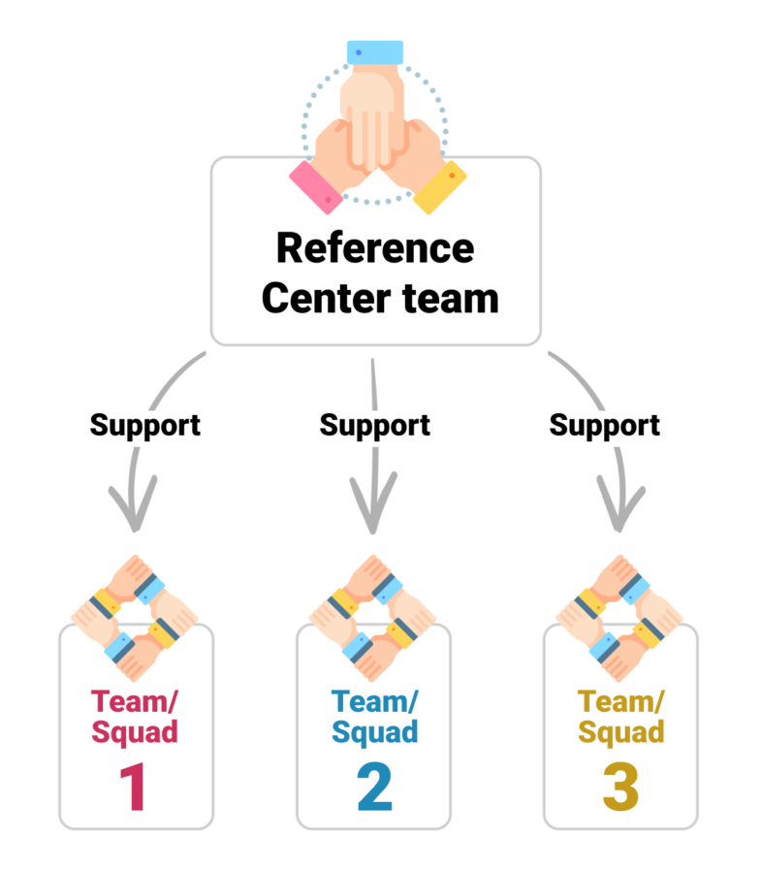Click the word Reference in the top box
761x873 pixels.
pos(375,248)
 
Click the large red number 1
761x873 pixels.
pos(136,788)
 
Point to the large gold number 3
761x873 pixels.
pos(620,788)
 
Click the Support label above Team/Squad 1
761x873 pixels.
pos(145,425)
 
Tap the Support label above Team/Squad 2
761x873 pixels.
pos(374,425)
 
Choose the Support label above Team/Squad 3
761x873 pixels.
pos(604,425)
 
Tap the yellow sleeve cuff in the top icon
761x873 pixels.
pos(439,187)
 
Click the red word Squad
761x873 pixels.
pos(136,731)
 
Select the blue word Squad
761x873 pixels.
pos(374,731)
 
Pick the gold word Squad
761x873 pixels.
pos(620,731)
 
